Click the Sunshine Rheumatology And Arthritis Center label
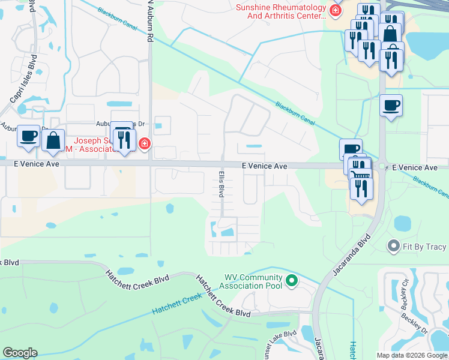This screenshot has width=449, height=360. tap(281, 11)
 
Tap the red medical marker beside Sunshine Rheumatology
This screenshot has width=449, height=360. tap(335, 11)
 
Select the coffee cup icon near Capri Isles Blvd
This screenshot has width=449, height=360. tap(29, 136)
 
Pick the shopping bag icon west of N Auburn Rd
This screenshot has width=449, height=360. tap(53, 140)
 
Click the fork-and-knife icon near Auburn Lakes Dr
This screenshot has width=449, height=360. tap(124, 140)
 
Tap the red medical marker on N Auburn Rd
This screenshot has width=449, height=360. tap(143, 144)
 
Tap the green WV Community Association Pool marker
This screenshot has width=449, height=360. tap(292, 280)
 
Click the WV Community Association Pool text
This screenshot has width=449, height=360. tap(253, 281)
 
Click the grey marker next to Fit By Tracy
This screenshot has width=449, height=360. tap(394, 245)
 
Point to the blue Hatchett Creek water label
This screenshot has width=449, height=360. tap(176, 304)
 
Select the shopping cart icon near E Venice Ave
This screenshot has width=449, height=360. tap(359, 171)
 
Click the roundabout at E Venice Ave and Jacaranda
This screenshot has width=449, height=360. tap(382, 166)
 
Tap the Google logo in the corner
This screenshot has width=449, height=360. tap(20, 353)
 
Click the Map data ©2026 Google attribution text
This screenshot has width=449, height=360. tap(412, 355)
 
